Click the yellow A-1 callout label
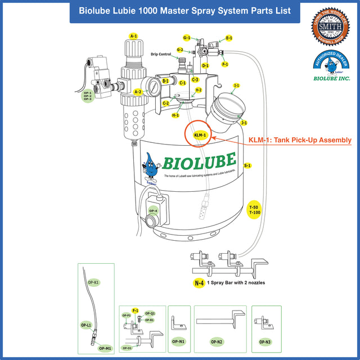[133, 36]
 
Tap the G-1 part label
[187, 38]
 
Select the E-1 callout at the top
[229, 38]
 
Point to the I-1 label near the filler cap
[237, 85]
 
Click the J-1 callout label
[244, 123]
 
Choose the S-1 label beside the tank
[247, 166]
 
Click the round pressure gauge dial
[152, 87]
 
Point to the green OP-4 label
[153, 211]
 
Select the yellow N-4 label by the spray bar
[199, 283]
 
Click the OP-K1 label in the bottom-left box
[93, 281]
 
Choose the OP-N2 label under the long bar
[217, 341]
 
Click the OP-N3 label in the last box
[265, 341]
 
